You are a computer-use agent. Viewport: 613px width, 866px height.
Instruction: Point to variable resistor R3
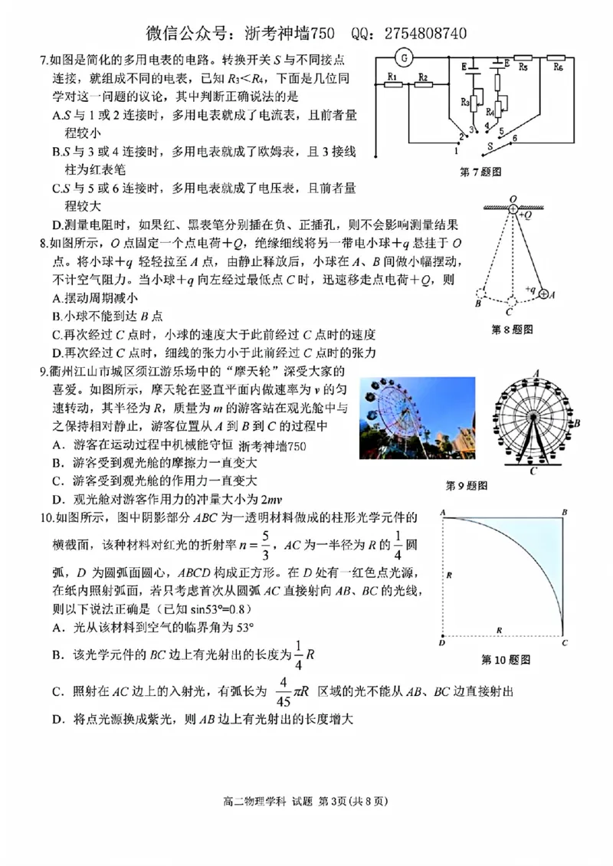point(474,101)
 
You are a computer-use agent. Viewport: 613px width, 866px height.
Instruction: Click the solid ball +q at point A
point(543,293)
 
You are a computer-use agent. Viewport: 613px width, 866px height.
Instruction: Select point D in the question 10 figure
point(442,642)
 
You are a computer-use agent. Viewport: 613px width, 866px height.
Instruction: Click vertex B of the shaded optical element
point(564,511)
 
